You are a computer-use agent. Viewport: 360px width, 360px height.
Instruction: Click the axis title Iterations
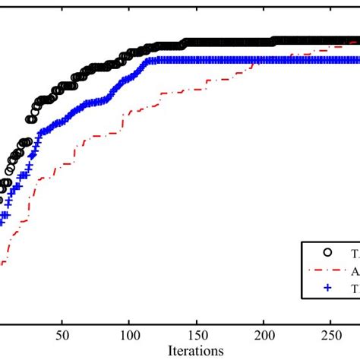point(197,350)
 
